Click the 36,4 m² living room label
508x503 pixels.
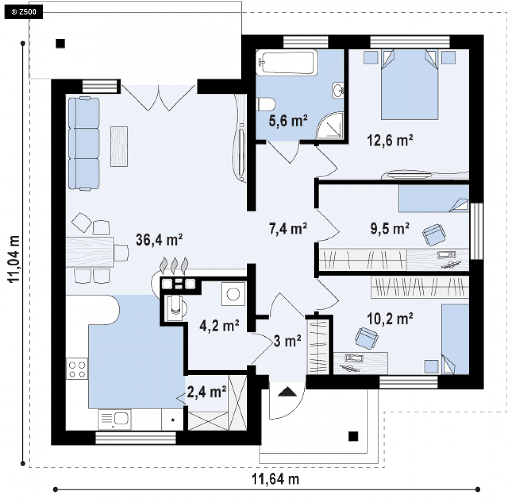[x=159, y=240]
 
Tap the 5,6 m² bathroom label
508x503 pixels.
[x=288, y=121]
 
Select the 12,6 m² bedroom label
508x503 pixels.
[x=390, y=140]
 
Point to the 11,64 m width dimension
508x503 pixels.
[x=275, y=479]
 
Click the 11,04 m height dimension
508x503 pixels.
[x=14, y=259]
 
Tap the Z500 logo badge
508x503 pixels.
[x=24, y=12]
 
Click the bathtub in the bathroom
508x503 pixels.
[x=287, y=62]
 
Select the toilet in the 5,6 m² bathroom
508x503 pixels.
[x=266, y=104]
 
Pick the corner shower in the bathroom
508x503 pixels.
[x=330, y=126]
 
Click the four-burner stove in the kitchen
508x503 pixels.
[x=77, y=369]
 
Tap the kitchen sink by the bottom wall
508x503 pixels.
[x=115, y=419]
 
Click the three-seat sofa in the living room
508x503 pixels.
[x=84, y=143]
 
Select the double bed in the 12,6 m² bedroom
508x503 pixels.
[x=409, y=84]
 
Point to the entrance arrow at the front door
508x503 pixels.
[x=288, y=392]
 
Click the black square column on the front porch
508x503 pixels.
[x=353, y=436]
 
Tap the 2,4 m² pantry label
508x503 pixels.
[x=206, y=392]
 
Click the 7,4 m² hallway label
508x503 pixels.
[x=288, y=229]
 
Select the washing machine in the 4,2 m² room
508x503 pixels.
[x=233, y=294]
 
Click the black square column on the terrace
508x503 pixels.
[x=60, y=44]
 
